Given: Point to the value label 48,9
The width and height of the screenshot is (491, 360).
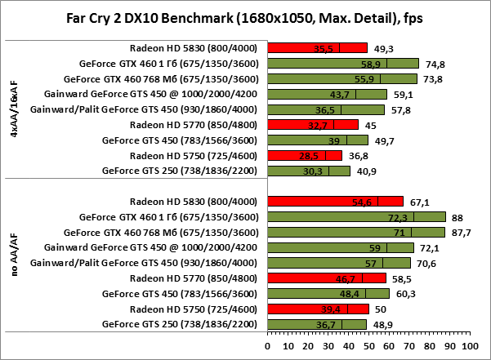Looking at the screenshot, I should click(380, 325).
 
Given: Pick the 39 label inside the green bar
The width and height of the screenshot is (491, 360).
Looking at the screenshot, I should click(331, 140).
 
